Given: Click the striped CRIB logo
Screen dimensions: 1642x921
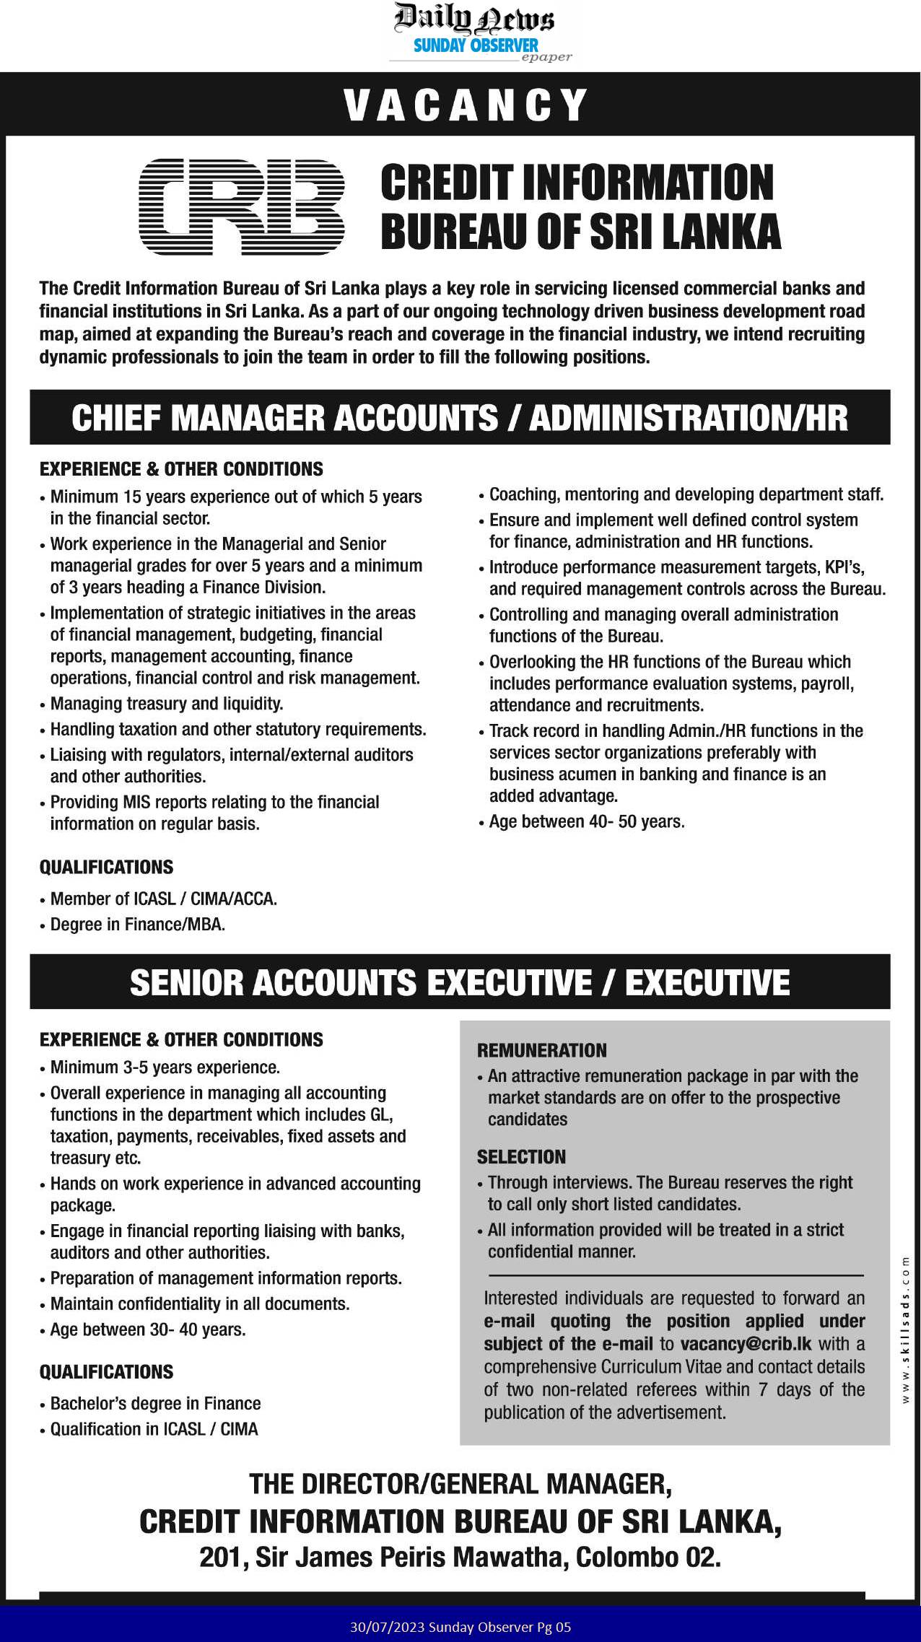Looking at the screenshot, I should pos(241,207).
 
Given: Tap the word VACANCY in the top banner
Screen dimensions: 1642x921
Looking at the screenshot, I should pos(466,105).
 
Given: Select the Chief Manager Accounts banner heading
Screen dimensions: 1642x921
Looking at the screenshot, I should pos(460,418).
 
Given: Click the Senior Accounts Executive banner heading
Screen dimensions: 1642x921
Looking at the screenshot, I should pos(460,982).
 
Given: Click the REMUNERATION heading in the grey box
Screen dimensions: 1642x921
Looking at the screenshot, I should pos(541,1050).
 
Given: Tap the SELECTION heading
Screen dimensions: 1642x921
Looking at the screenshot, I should pos(521,1157).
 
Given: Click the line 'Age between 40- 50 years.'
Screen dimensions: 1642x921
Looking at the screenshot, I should pos(586,821).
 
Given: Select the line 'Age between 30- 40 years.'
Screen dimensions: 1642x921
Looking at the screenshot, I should pos(148,1329).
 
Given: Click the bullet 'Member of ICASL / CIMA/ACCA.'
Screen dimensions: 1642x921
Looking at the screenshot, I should pos(163,899).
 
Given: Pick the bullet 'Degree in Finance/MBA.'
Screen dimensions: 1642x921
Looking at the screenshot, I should pos(137,925).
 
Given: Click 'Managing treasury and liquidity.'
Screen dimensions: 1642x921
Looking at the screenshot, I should pos(166,703).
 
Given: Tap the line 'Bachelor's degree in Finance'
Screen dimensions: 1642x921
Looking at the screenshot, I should pos(155,1403).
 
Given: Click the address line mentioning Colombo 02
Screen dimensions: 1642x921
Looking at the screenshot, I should pos(460,1558).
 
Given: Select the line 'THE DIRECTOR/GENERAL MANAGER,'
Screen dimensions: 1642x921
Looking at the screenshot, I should pos(460,1484).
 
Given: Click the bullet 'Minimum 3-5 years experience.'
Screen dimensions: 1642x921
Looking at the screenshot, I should pos(165,1067).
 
